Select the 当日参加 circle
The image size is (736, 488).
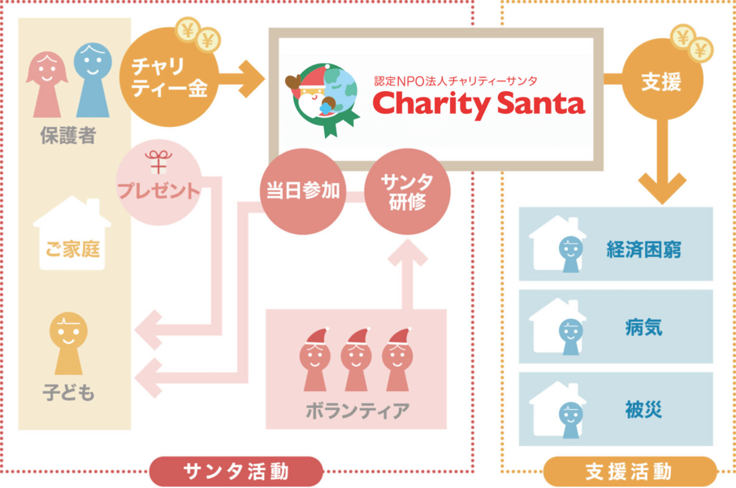[x=303, y=192]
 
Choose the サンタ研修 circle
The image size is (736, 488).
[x=407, y=191]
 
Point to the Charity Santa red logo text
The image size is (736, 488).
[x=478, y=103]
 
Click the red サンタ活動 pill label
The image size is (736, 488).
[x=236, y=471]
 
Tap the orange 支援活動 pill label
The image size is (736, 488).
[x=629, y=471]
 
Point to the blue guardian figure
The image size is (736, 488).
[x=93, y=79]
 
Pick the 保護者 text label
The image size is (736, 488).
[x=68, y=135]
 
